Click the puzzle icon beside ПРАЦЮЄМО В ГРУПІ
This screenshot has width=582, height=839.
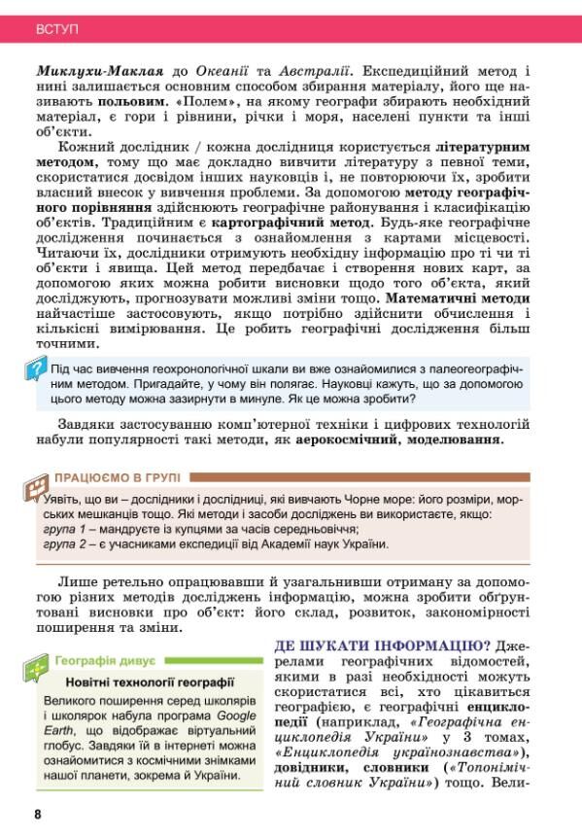[x=37, y=485]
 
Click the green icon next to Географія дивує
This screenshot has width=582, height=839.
[x=37, y=668]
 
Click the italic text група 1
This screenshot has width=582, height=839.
[x=66, y=529]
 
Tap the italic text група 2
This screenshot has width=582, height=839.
[x=66, y=544]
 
